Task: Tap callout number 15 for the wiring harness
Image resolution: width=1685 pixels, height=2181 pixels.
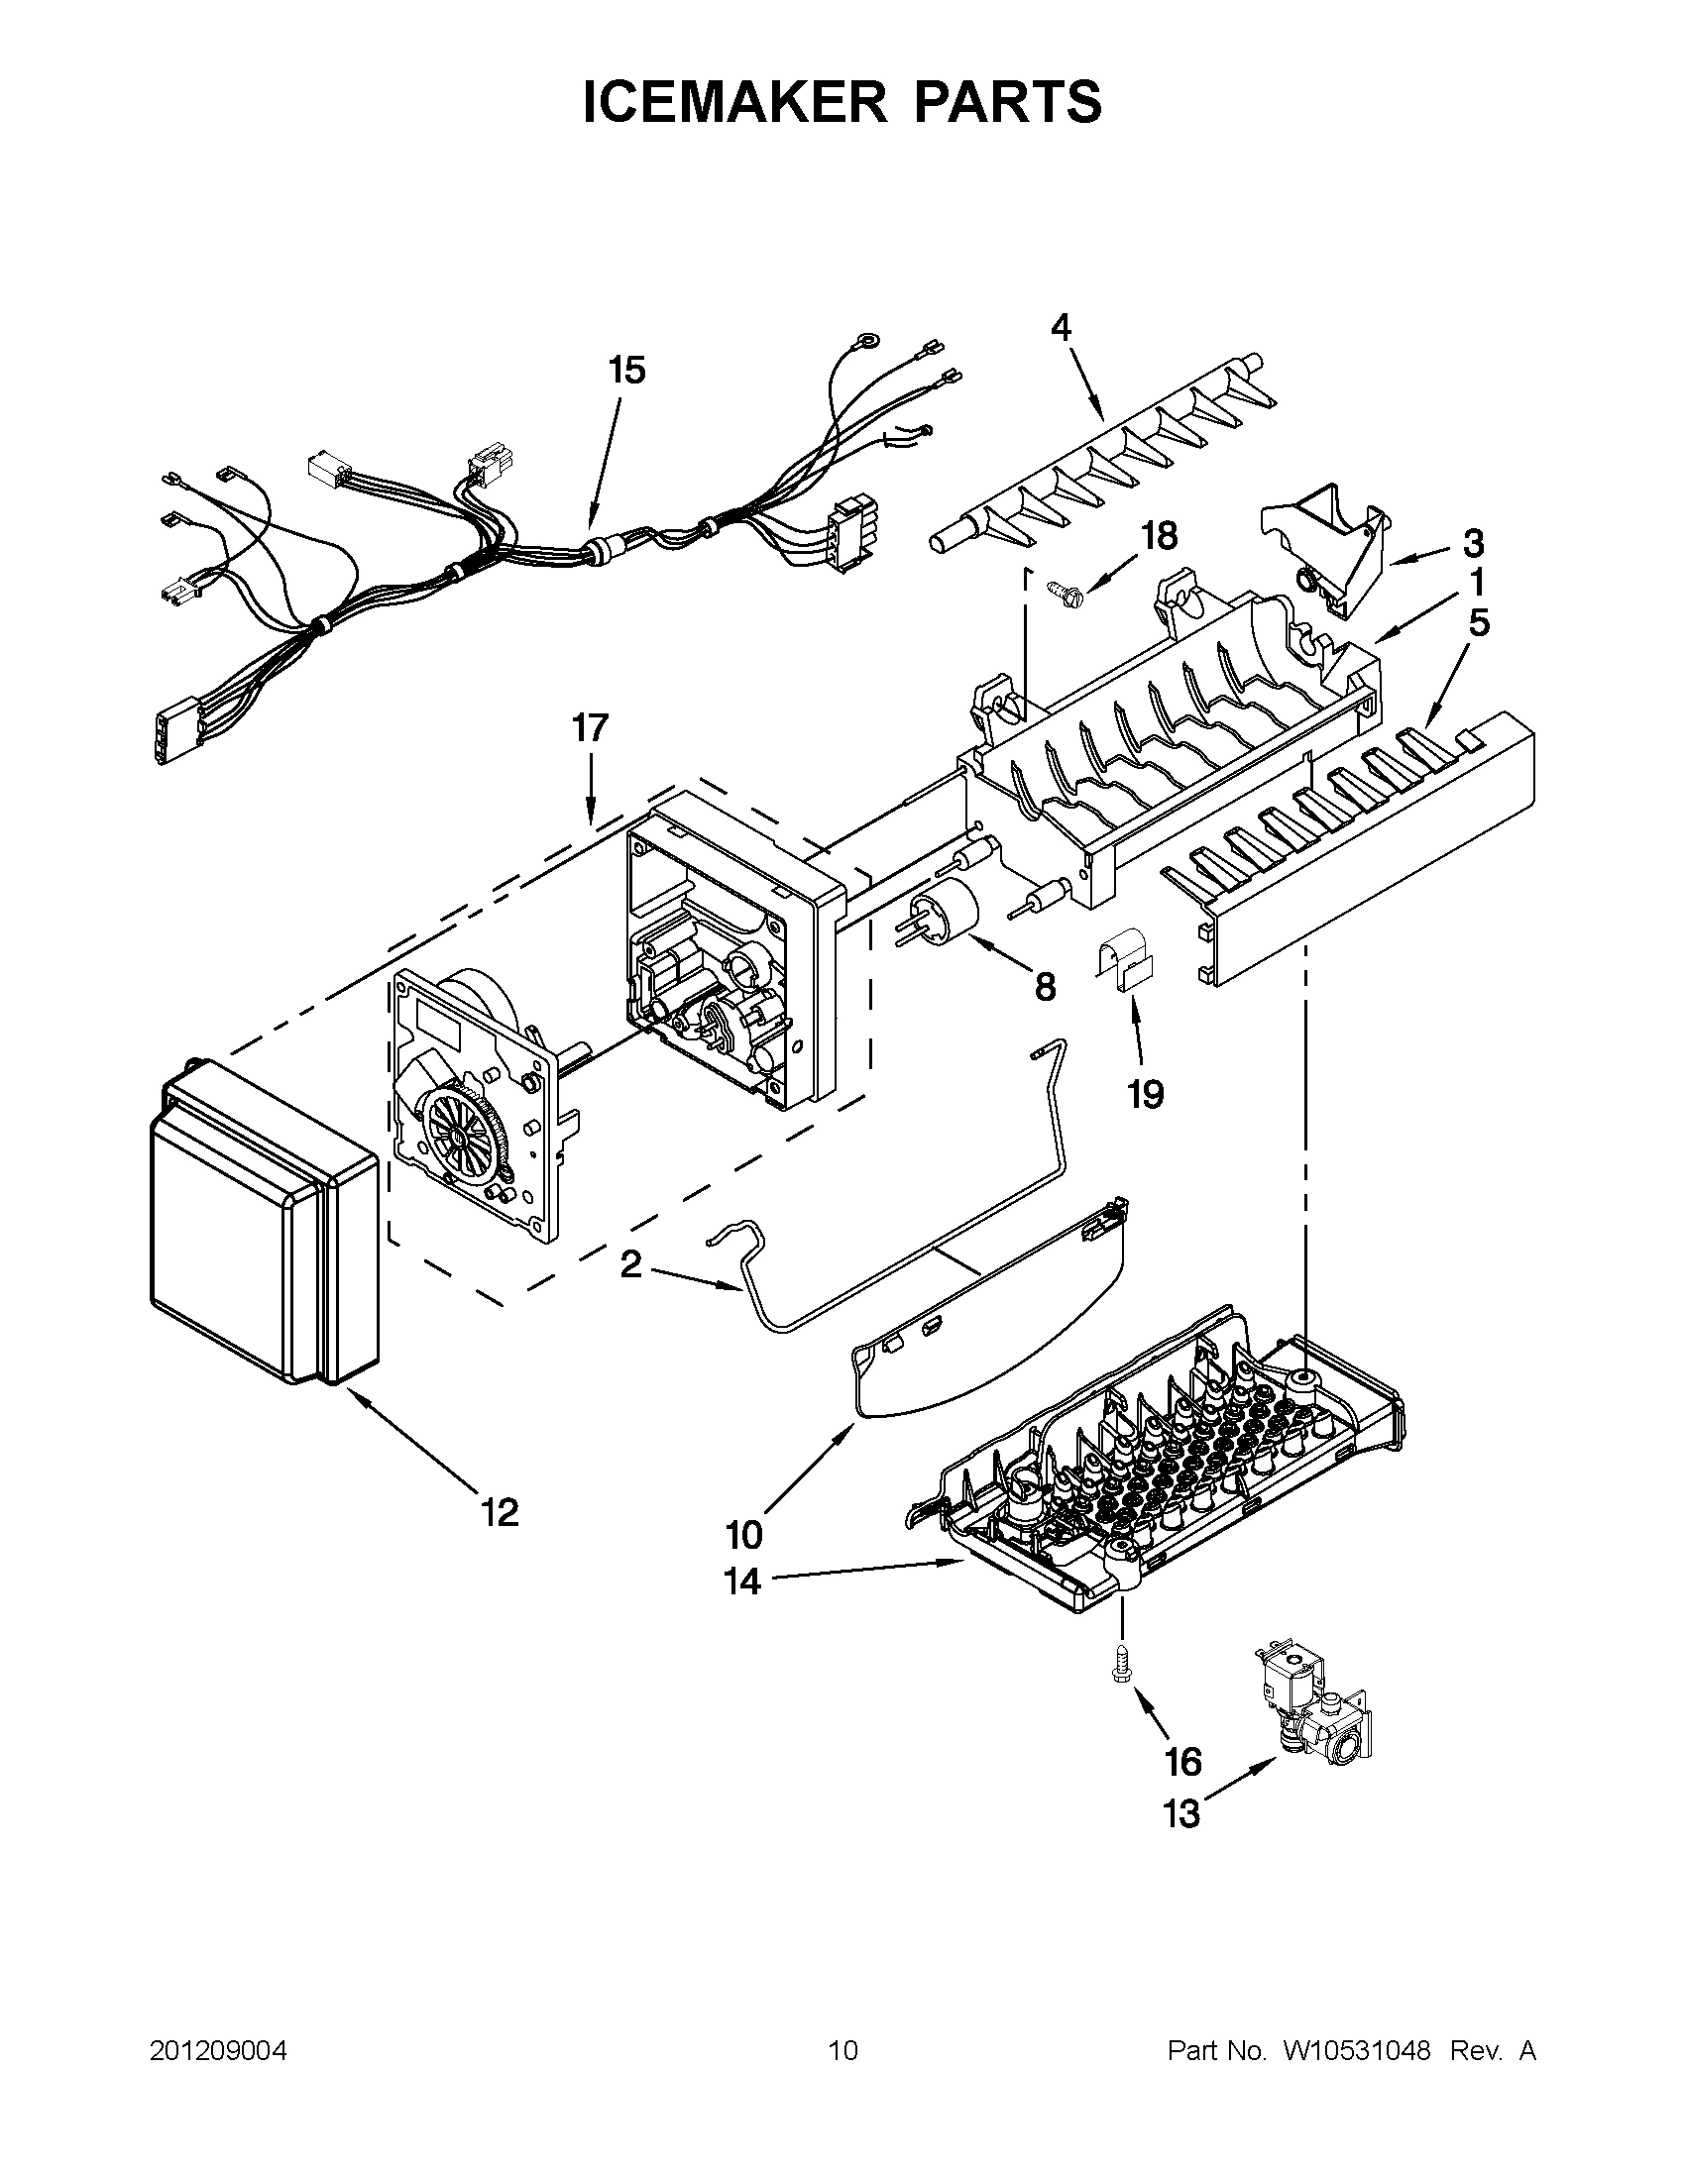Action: tap(627, 371)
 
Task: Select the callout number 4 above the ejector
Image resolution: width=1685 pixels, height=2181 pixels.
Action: tap(1061, 328)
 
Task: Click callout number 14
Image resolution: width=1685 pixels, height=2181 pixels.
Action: tap(743, 1581)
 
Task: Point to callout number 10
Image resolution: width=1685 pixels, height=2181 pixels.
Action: tap(744, 1533)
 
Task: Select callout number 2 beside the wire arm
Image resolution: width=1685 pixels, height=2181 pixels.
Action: tap(630, 1265)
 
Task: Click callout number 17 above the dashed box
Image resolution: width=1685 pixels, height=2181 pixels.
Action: tap(590, 728)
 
